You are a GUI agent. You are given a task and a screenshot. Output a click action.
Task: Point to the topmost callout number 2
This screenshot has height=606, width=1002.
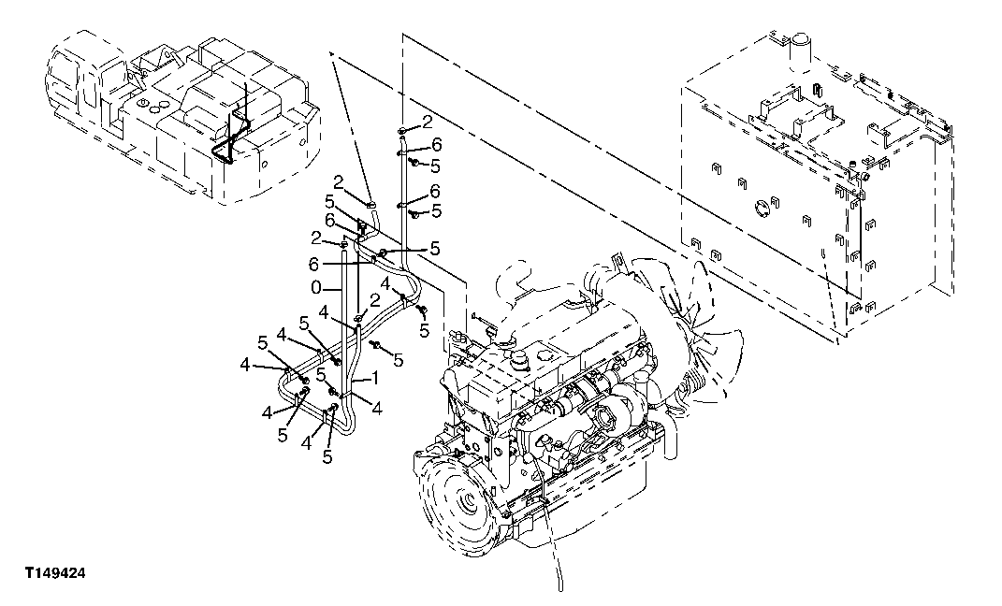click(427, 123)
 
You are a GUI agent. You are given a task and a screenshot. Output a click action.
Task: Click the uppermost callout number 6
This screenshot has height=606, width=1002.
click(435, 145)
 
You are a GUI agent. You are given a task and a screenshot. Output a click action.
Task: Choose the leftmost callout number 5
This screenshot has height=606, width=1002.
click(265, 343)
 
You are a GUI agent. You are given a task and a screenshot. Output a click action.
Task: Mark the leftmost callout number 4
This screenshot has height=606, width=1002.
click(244, 364)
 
